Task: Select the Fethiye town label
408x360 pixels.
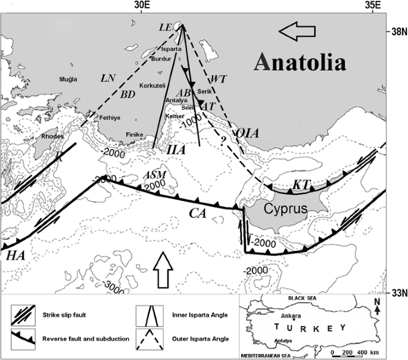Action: point(110,117)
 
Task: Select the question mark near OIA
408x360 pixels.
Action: point(222,141)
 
